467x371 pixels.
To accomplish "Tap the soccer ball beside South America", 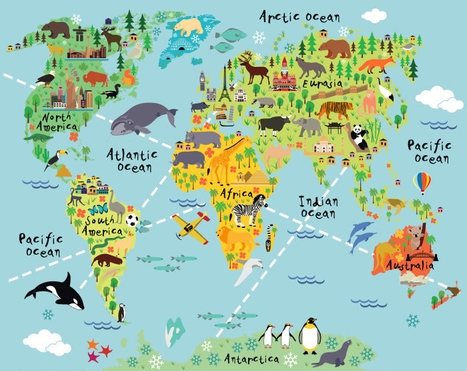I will click(x=133, y=220).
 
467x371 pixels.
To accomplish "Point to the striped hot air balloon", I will click(x=422, y=182).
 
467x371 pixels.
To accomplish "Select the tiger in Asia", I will click(x=334, y=108).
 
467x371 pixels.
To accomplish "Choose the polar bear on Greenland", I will click(x=188, y=27).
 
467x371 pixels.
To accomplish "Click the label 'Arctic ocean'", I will click(x=300, y=16).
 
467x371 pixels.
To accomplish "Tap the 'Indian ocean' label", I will click(x=318, y=207).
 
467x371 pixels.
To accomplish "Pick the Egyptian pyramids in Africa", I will click(x=256, y=176).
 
